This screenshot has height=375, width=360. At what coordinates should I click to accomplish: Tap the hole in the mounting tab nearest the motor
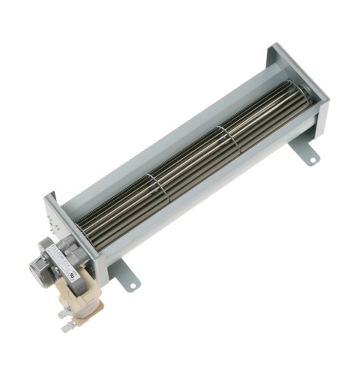132,285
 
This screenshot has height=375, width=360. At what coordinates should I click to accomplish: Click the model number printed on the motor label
64,259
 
